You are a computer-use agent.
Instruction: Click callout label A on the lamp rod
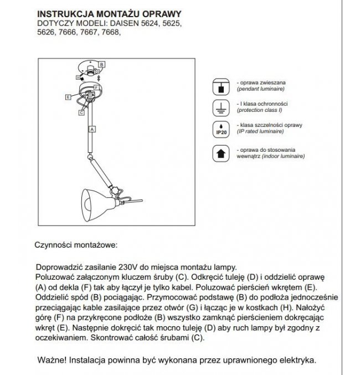click(x=92, y=129)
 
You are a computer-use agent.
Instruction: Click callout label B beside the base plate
click(x=101, y=64)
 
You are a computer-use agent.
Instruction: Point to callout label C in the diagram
click(x=82, y=112)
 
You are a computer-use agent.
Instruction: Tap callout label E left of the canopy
click(x=67, y=97)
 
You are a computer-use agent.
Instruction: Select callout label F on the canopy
click(x=96, y=88)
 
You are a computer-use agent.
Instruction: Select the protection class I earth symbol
click(x=220, y=107)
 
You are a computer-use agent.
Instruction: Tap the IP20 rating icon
click(x=220, y=130)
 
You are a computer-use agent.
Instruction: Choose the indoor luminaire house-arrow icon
click(x=220, y=153)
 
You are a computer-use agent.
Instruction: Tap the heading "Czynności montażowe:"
click(x=76, y=244)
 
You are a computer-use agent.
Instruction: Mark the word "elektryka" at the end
click(x=297, y=359)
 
